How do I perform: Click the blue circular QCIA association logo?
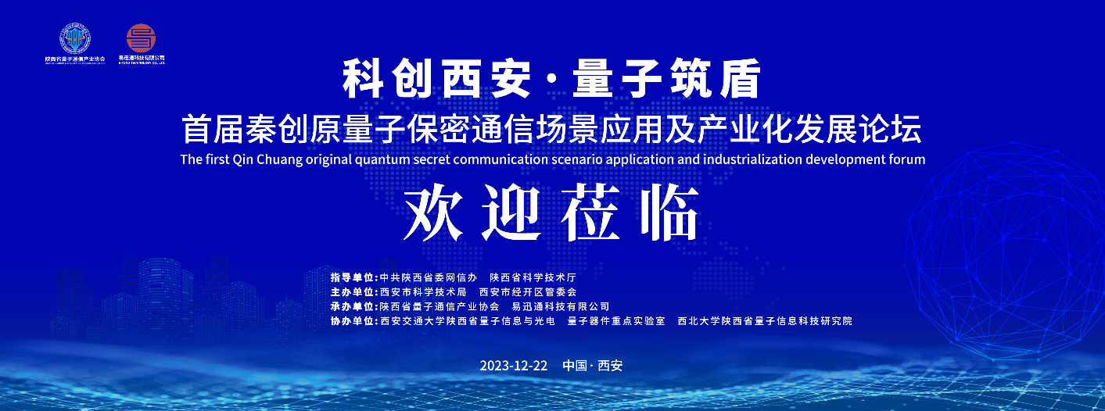pyautogui.click(x=75, y=38)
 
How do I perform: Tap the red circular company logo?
pyautogui.click(x=142, y=38)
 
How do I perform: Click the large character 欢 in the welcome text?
pyautogui.click(x=433, y=213)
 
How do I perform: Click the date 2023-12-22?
pyautogui.click(x=514, y=366)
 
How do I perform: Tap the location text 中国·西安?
pyautogui.click(x=592, y=366)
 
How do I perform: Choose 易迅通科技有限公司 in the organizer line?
pyautogui.click(x=560, y=306)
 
